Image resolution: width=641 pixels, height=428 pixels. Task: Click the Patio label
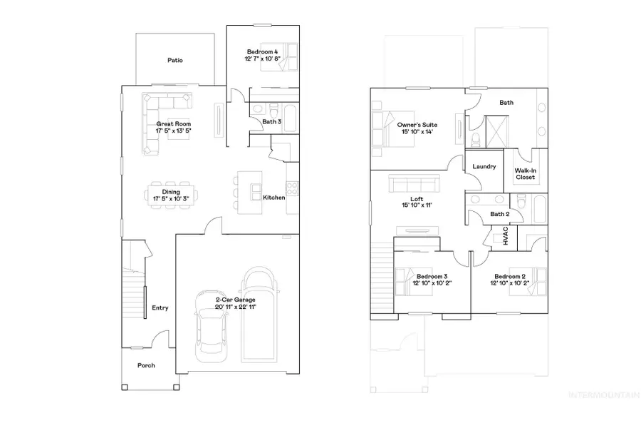[175, 61]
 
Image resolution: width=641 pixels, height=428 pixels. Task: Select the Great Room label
[173, 123]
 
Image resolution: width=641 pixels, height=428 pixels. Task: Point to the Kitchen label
[274, 198]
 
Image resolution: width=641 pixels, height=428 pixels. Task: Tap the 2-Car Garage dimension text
[236, 306]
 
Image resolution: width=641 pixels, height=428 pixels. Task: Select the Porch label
[146, 365]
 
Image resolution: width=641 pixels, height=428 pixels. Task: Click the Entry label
[160, 308]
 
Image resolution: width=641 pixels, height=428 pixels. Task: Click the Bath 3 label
[272, 122]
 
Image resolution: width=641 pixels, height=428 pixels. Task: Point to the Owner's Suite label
[417, 124]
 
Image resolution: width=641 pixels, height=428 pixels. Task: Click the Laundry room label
[484, 166]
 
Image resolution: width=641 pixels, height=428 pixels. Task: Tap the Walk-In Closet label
[525, 174]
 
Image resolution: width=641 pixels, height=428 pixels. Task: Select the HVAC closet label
[505, 238]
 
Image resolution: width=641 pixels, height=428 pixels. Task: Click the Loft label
[417, 200]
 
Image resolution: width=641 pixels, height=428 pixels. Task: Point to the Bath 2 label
[500, 214]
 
